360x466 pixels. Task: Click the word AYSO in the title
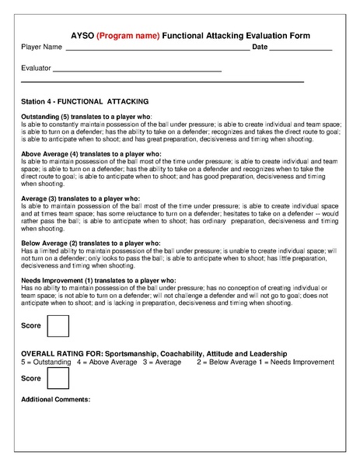click(x=82, y=36)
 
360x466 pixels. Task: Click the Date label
click(x=260, y=48)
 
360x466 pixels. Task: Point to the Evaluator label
click(x=36, y=69)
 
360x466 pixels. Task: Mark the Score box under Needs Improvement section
click(x=58, y=326)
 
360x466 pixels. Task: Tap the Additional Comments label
click(x=55, y=400)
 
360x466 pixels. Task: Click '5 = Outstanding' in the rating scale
click(x=46, y=362)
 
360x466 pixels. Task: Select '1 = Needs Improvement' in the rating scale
click(x=293, y=362)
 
